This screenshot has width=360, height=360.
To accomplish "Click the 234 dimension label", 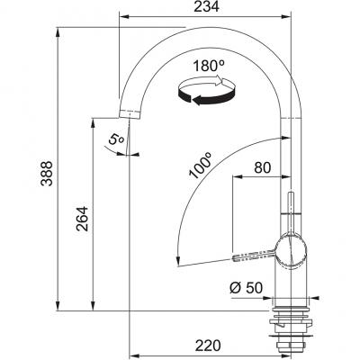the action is (x=206, y=6).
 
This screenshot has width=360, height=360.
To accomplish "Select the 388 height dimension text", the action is (x=47, y=174).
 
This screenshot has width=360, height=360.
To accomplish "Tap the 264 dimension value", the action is (x=82, y=219).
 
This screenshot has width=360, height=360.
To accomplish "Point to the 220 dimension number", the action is (x=208, y=346).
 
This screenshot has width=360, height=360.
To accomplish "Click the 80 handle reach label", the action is (x=263, y=168).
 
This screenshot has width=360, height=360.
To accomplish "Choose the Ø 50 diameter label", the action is (x=246, y=288).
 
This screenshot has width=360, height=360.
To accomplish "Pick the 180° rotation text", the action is (x=209, y=66).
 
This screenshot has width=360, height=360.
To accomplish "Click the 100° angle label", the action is (x=200, y=166).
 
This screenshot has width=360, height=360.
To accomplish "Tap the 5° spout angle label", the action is (x=115, y=139).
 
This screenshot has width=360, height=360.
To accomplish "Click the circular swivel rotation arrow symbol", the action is (x=205, y=91).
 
